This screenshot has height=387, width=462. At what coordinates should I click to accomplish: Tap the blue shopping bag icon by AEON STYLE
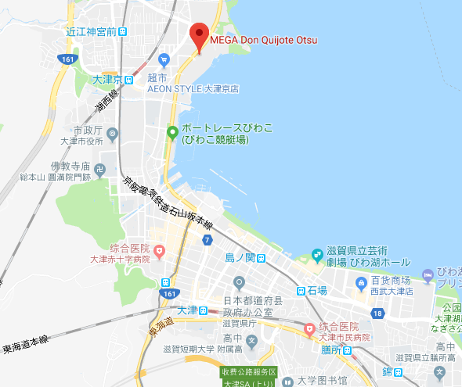[x=164, y=59]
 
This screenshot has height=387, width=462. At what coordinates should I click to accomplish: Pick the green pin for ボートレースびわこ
[x=171, y=133]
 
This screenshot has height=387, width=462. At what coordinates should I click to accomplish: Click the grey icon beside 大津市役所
[x=113, y=134]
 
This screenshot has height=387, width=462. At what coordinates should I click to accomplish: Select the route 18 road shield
[x=377, y=313]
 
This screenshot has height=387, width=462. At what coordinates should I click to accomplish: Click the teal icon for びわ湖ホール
[x=317, y=256]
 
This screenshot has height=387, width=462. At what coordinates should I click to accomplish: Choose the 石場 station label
[x=311, y=290]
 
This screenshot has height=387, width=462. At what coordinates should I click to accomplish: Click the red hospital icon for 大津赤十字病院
[x=160, y=251]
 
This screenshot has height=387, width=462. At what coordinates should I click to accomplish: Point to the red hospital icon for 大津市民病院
[x=310, y=328]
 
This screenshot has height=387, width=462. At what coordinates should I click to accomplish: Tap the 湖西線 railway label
[x=106, y=99]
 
